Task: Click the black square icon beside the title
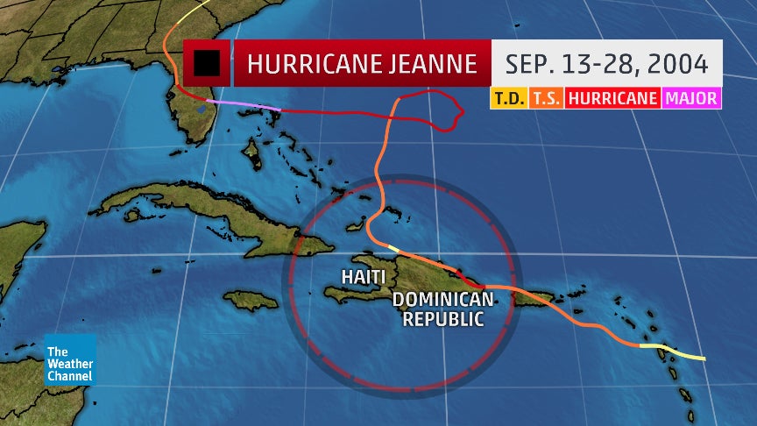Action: (x=208, y=64)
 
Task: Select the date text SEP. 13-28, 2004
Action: (x=606, y=64)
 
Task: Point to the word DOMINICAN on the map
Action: (x=443, y=300)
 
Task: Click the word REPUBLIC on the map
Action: (x=443, y=319)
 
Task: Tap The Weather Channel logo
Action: (x=70, y=359)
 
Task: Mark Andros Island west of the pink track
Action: (x=252, y=155)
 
